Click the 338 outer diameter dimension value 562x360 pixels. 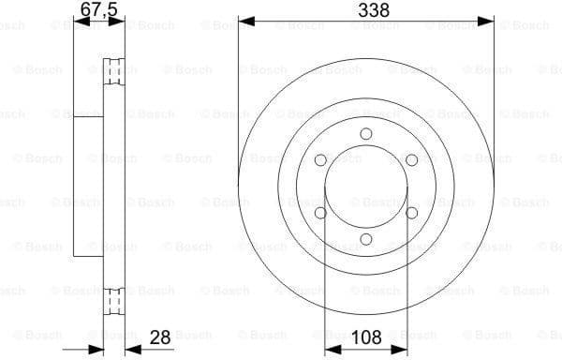coord(366,10)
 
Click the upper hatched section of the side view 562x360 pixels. coord(116,71)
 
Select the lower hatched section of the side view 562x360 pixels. coord(116,302)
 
